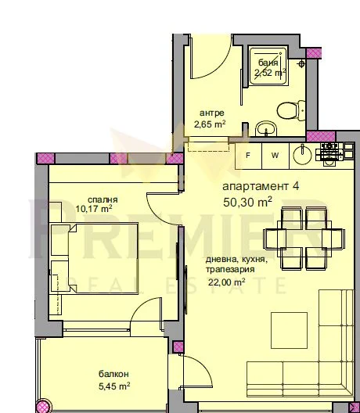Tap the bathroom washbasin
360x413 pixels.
click(x=266, y=129)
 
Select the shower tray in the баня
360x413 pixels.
click(x=268, y=66)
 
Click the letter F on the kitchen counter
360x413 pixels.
click(x=248, y=156)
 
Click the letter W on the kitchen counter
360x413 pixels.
click(x=275, y=156)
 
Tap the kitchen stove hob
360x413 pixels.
click(x=329, y=154)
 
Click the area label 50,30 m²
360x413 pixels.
click(x=247, y=203)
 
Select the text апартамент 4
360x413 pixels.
click(x=261, y=186)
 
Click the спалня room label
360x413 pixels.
click(x=103, y=199)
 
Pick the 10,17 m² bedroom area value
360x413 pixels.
click(x=94, y=209)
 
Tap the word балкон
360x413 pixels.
click(x=113, y=374)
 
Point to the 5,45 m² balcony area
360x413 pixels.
click(x=114, y=386)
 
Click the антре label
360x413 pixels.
click(x=212, y=113)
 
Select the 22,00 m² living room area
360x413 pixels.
click(x=227, y=282)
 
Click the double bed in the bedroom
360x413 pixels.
click(x=103, y=258)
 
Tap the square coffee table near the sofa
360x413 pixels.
click(x=289, y=330)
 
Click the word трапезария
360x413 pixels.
click(x=230, y=270)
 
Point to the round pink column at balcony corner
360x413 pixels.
click(x=42, y=407)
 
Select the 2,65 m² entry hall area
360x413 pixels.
click(x=210, y=124)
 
